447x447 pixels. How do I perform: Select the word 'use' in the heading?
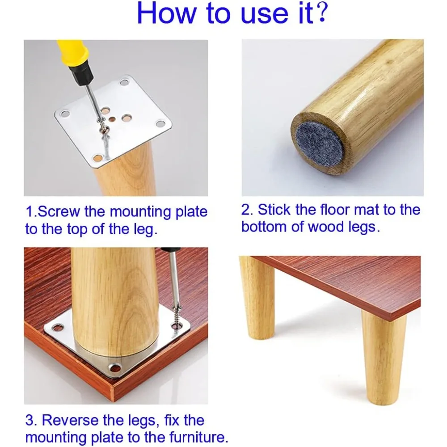coord(264,14)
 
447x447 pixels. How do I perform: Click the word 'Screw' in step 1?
coord(59,212)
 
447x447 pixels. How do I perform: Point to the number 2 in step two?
coord(245,210)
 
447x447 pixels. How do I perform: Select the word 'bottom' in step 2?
coord(264,227)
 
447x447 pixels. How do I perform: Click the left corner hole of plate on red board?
coord(57,328)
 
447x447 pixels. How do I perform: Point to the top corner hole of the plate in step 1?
coord(124,83)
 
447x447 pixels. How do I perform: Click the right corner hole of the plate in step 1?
coord(160,124)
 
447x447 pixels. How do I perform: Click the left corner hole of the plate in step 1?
coord(65,114)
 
